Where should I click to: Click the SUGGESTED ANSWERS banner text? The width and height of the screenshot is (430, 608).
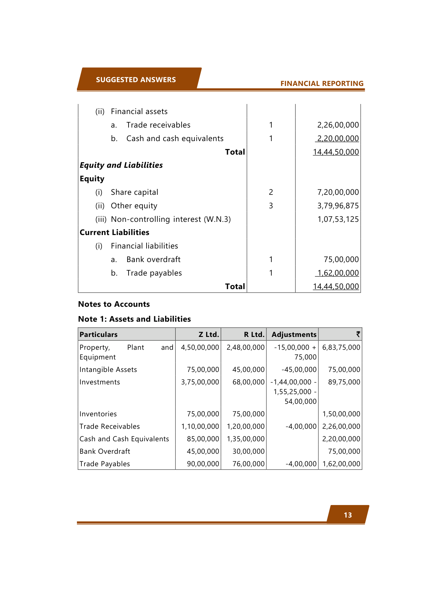pos(136,80)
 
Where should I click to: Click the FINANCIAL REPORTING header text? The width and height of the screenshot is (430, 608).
pos(322,84)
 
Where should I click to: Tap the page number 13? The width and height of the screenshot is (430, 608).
pos(348,515)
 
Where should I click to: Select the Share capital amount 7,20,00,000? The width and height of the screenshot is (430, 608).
pos(338,192)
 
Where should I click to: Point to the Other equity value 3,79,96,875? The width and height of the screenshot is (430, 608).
pos(338,206)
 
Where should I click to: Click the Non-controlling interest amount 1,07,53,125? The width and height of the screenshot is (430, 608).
pos(338,219)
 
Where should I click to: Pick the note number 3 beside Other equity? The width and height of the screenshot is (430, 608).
pos(271,206)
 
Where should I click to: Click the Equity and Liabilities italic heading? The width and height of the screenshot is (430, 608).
pos(121,165)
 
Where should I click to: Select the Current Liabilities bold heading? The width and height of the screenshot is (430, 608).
pos(114,233)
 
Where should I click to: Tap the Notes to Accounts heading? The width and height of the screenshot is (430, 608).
pos(114,304)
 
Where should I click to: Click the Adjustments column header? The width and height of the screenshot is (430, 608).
pos(294,335)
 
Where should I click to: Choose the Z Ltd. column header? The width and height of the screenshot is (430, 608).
pos(209,335)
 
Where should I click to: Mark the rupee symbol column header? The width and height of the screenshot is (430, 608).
pos(358,334)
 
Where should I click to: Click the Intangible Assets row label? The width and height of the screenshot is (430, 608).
pos(108,370)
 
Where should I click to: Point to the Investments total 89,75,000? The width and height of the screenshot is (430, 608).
pos(344,382)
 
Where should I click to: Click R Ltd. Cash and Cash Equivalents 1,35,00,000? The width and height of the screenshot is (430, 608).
pos(246,439)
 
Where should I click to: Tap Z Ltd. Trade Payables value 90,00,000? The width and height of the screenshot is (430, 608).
pos(203,464)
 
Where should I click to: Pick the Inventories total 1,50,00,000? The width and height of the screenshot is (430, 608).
pos(341,414)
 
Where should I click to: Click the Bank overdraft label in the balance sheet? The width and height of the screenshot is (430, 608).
pos(153,260)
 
